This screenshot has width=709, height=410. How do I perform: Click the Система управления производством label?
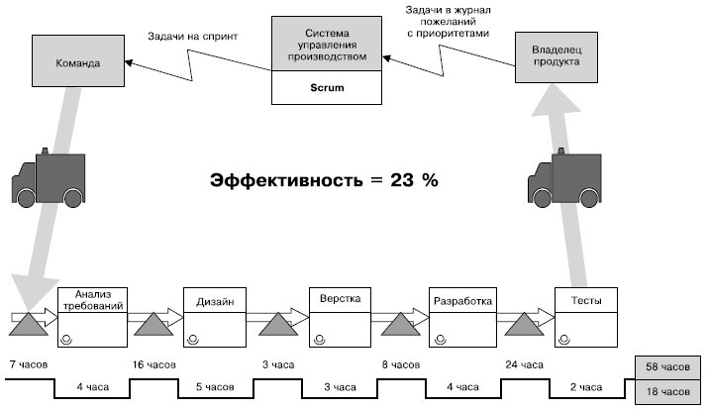[x=327, y=45]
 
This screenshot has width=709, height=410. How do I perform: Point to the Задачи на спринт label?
[x=192, y=35]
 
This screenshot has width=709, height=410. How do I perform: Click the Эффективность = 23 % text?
[x=324, y=181]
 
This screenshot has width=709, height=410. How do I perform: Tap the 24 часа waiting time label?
[x=525, y=365]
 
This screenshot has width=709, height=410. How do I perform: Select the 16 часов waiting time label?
[x=153, y=365]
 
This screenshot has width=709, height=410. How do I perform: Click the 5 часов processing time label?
[x=215, y=387]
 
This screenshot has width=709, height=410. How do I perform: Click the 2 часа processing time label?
[x=585, y=387]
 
